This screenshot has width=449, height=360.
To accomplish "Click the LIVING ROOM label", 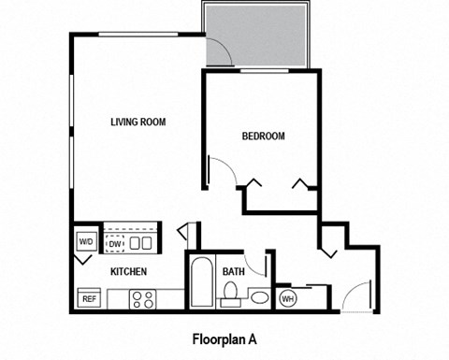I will [x=138, y=122].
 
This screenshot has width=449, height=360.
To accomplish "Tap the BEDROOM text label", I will [x=263, y=137].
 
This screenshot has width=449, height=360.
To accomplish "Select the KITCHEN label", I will [x=128, y=272].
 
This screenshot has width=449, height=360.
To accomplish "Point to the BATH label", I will [x=233, y=272].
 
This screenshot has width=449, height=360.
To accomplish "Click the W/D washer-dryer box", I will [x=86, y=242].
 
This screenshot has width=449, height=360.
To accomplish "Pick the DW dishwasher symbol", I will [x=116, y=244].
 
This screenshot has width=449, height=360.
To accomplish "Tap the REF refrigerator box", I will [x=90, y=299].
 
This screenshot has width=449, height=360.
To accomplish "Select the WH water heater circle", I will [x=287, y=298].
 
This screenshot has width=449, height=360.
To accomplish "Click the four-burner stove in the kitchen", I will [x=143, y=299].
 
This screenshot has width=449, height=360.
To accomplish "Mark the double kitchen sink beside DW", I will [x=141, y=244].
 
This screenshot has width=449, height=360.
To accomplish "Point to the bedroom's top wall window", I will [x=263, y=71].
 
